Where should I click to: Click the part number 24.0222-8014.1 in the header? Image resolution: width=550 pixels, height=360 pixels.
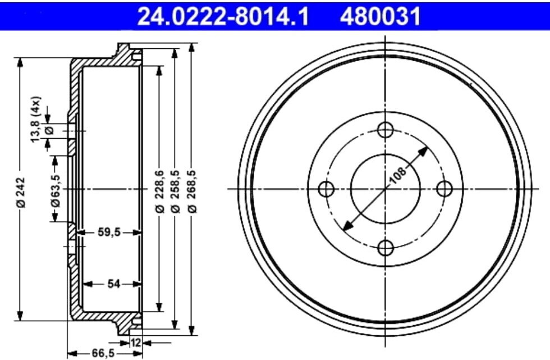tap(223, 16)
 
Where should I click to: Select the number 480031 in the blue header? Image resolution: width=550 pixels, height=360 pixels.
tap(379, 16)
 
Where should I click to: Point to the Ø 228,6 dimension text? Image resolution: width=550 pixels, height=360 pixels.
tap(159, 191)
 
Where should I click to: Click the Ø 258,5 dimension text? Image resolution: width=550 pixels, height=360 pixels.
tap(176, 191)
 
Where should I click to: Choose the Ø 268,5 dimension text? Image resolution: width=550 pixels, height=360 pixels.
tap(192, 191)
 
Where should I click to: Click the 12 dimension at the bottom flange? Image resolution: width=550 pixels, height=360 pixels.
tap(135, 342)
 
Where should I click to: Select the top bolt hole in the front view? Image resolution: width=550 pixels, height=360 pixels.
tap(385, 130)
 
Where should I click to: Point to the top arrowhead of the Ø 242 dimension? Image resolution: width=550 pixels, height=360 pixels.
tap(21, 61)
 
